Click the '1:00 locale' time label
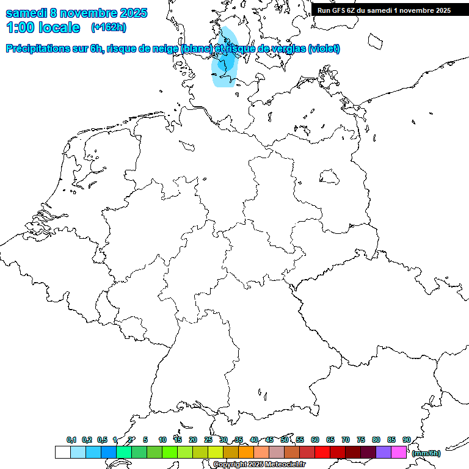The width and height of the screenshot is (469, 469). coord(43,27)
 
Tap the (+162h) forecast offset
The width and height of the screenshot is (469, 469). coord(109,27)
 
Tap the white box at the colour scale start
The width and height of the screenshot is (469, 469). coord(63,453)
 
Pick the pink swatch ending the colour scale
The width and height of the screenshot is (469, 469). coord(399,453)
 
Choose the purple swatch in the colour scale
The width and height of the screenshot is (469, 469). coord(384,453)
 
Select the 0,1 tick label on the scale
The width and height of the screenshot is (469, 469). coord(71,440)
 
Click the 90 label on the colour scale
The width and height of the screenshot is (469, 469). coord(407,440)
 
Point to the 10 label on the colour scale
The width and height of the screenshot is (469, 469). coord(162,440)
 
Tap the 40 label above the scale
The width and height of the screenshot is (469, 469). coord(254,440)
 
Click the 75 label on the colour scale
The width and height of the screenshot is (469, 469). coord(361,440)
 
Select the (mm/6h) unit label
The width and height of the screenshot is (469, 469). coord(426,454)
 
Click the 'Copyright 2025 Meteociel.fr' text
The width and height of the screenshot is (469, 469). coord(259,465)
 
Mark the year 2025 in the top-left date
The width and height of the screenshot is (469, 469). coord(129,13)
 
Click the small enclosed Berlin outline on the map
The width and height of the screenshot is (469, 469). coord(330,177)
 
